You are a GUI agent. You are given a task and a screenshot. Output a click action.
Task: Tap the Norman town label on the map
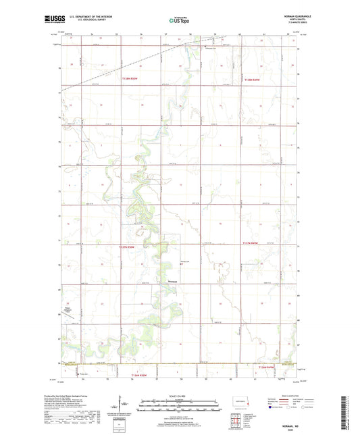[x=164, y=282]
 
